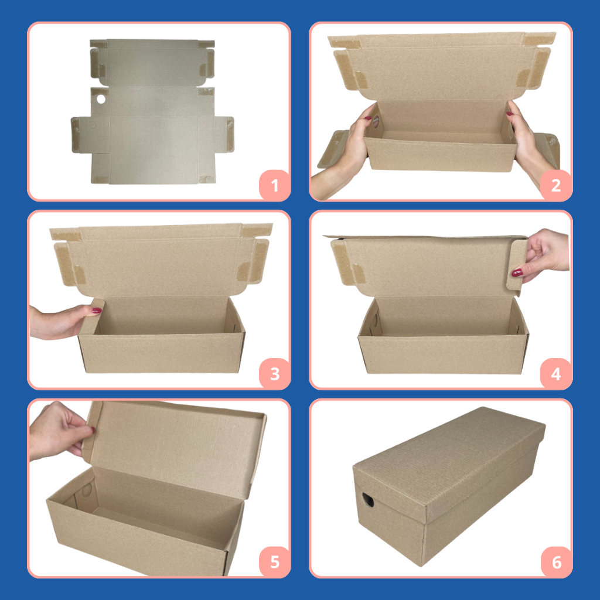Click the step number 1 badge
tap(274, 186)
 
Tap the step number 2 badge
tap(556, 186)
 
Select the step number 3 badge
tap(274, 374)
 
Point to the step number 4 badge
tap(556, 374)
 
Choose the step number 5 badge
tap(274, 562)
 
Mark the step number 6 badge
tap(557, 562)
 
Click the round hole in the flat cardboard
tap(101, 98)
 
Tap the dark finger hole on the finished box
tap(368, 500)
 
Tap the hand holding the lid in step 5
tap(61, 431)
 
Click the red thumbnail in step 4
tap(517, 272)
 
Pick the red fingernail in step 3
tap(97, 311)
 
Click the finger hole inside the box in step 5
tap(87, 490)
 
